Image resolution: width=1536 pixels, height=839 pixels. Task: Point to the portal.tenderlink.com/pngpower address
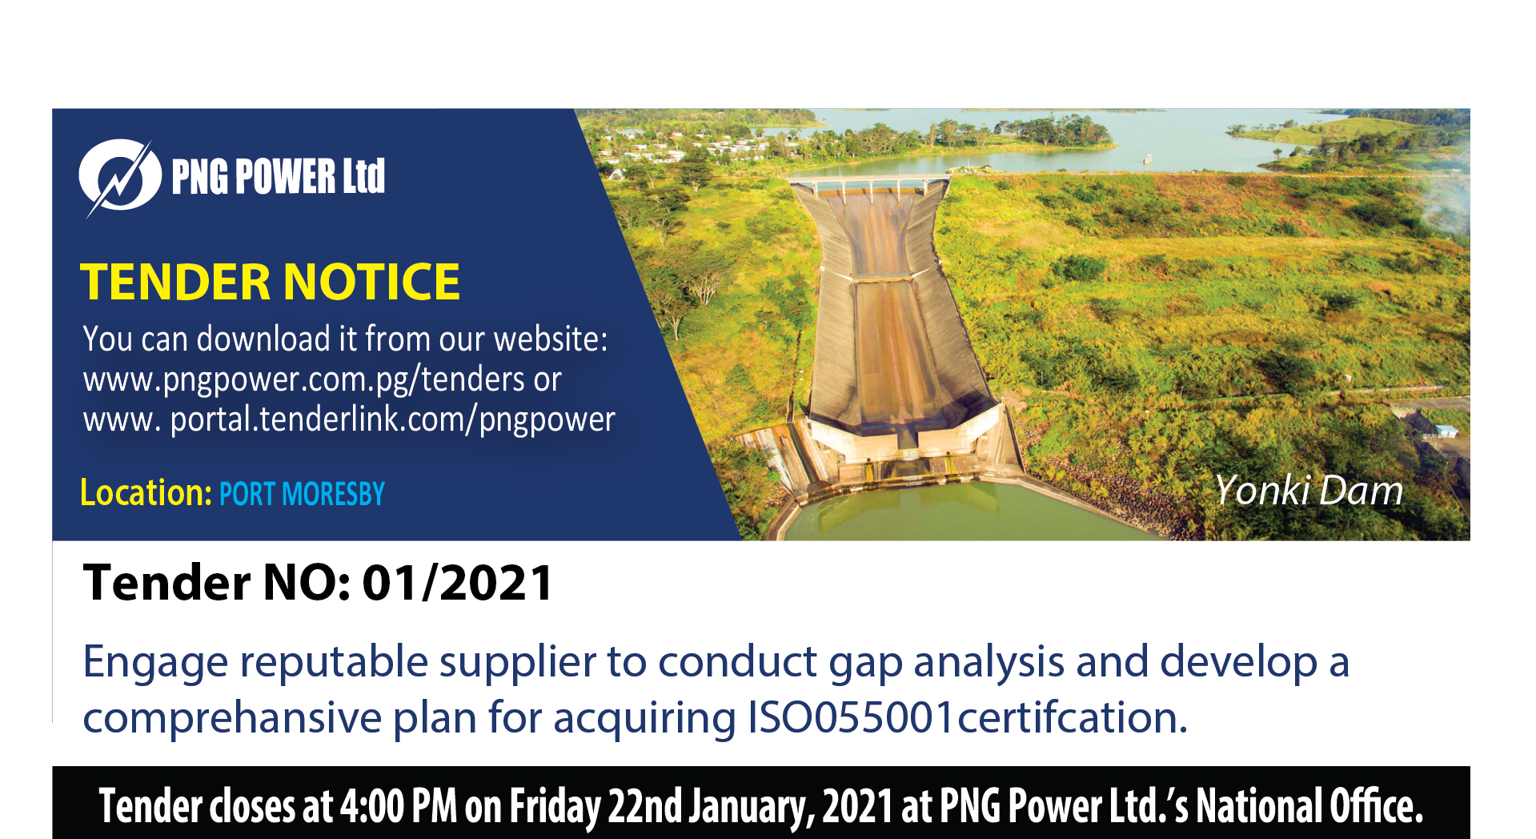click(x=392, y=419)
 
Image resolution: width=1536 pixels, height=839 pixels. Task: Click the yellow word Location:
click(x=146, y=492)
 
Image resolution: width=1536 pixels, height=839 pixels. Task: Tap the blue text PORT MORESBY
click(x=302, y=494)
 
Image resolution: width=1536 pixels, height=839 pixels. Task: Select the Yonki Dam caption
click(x=1309, y=490)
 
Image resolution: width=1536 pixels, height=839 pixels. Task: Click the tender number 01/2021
click(x=457, y=582)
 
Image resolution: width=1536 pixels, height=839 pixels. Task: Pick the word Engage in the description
click(x=155, y=664)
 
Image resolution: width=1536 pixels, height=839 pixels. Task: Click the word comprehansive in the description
click(x=232, y=718)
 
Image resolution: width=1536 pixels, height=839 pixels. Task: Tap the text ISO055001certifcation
click(x=967, y=717)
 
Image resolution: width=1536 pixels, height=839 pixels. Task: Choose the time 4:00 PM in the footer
click(x=398, y=806)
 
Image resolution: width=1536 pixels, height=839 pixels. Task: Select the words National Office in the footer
click(x=1309, y=806)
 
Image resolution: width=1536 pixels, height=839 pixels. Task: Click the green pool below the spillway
click(x=952, y=510)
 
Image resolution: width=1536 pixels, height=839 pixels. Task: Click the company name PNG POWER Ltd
click(x=278, y=176)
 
